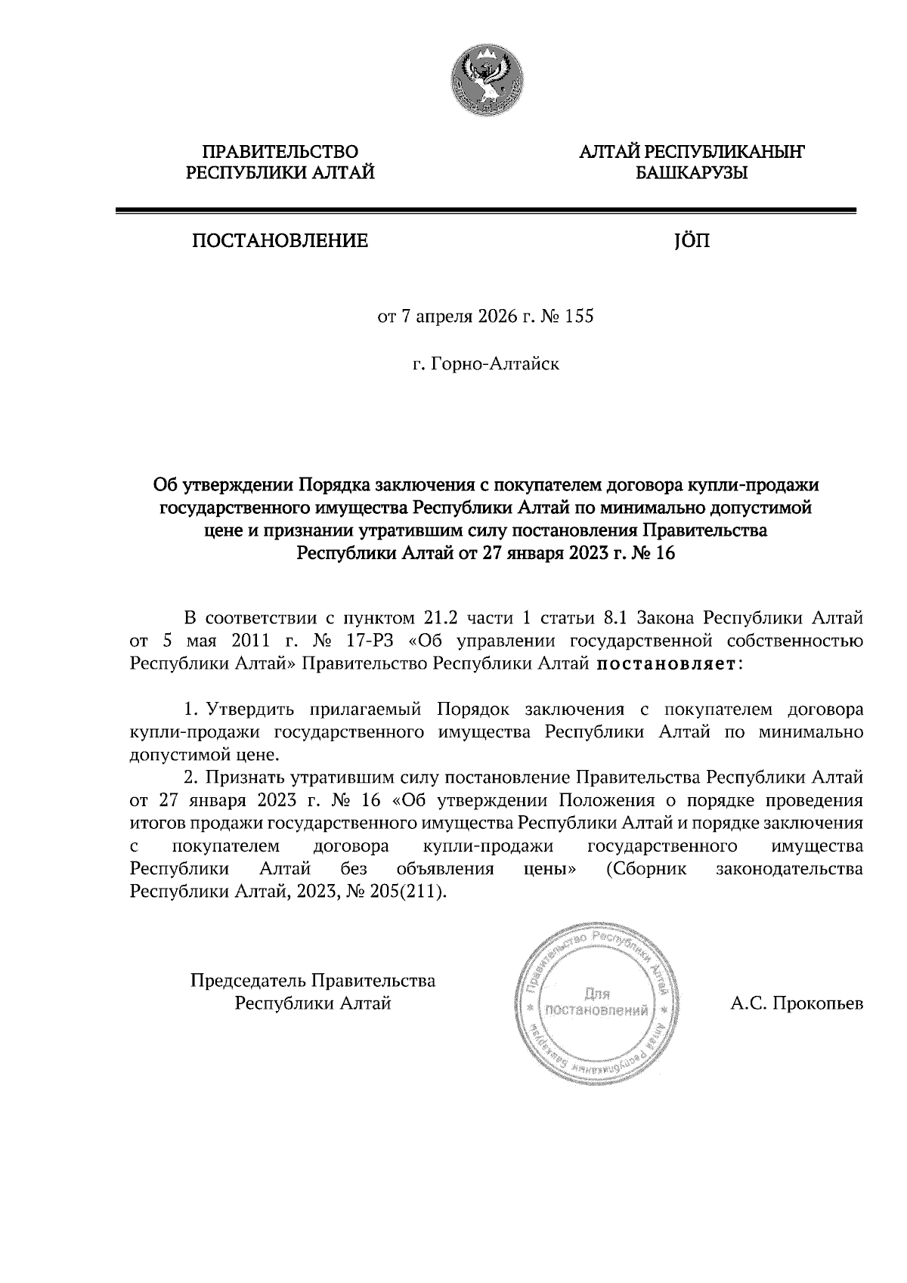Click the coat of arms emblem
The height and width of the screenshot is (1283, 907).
(x=488, y=80)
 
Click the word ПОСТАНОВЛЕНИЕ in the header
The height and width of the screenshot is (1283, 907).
(x=280, y=241)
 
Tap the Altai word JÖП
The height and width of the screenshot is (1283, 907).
(x=691, y=241)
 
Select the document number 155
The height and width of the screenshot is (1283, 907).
(x=579, y=316)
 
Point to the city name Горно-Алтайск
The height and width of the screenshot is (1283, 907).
(x=494, y=365)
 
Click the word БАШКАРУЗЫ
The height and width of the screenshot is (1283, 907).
(x=692, y=174)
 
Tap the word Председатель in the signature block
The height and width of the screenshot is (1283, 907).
(x=249, y=981)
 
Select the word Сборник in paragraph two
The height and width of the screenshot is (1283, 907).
(x=646, y=868)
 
